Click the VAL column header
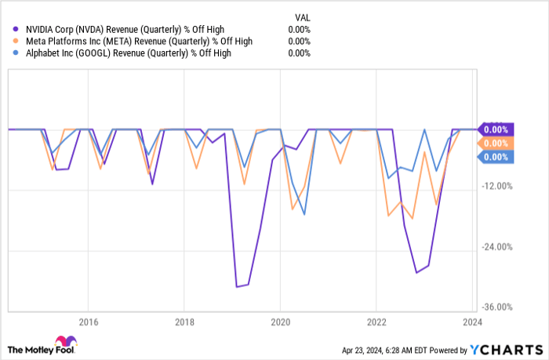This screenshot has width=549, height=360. click(301, 16)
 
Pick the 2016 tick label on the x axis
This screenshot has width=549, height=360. click(88, 321)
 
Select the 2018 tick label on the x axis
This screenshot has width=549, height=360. click(184, 321)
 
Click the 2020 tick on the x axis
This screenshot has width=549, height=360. click(281, 321)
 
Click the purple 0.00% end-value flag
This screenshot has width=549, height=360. click(495, 129)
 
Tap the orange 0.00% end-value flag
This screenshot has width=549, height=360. click(495, 144)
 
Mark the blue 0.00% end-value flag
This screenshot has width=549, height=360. click(495, 158)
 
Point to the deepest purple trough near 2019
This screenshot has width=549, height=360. click(237, 287)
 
